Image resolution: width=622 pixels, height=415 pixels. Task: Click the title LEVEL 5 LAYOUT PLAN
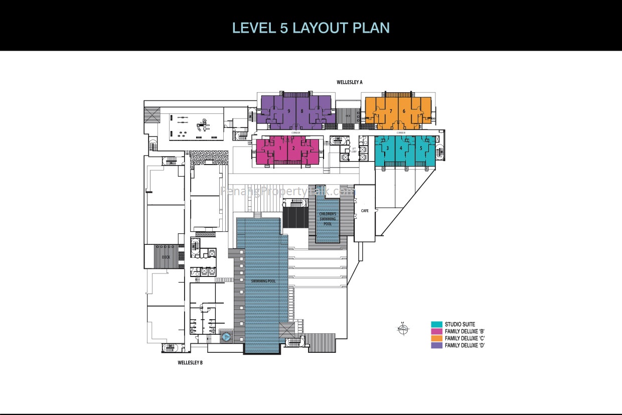311,27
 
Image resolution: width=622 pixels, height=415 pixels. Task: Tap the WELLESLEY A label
349,81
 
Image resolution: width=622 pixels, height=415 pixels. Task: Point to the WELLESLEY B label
190,362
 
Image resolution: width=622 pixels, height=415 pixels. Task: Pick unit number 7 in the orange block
391,111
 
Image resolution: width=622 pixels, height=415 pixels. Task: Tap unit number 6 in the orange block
404,111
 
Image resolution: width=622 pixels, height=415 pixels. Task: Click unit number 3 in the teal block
387,148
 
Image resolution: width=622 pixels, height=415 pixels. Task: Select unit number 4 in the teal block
401,148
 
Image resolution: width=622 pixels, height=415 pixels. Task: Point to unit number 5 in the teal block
420,148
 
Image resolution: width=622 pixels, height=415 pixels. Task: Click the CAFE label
365,211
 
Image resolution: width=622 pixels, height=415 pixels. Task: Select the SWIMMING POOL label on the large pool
263,281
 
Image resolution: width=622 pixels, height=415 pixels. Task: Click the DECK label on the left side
166,257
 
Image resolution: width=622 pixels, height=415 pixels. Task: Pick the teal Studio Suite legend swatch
436,324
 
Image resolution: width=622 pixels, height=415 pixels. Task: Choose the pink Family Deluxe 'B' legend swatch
436,331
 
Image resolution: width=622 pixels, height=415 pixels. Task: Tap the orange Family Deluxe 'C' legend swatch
436,338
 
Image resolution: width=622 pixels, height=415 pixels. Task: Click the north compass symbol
403,329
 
